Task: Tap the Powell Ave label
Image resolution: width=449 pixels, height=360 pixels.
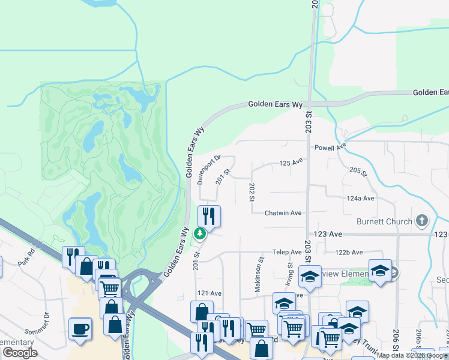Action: [331, 147]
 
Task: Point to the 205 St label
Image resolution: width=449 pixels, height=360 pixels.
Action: [358, 172]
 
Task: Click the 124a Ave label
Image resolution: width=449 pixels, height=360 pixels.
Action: [360, 198]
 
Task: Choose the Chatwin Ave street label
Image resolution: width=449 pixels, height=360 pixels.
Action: [283, 213]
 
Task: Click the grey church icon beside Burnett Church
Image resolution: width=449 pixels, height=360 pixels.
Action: [421, 221]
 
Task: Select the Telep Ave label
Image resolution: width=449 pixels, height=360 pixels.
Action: [286, 252]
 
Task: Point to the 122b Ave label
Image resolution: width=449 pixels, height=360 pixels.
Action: [349, 253]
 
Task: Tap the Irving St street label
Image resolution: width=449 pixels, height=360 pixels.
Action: [290, 272]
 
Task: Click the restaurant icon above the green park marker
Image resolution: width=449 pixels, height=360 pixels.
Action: [209, 215]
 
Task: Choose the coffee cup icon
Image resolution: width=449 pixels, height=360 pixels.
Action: [80, 329]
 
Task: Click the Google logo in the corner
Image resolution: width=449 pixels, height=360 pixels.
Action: [20, 353]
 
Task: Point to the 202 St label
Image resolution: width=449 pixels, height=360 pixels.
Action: [252, 192]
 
